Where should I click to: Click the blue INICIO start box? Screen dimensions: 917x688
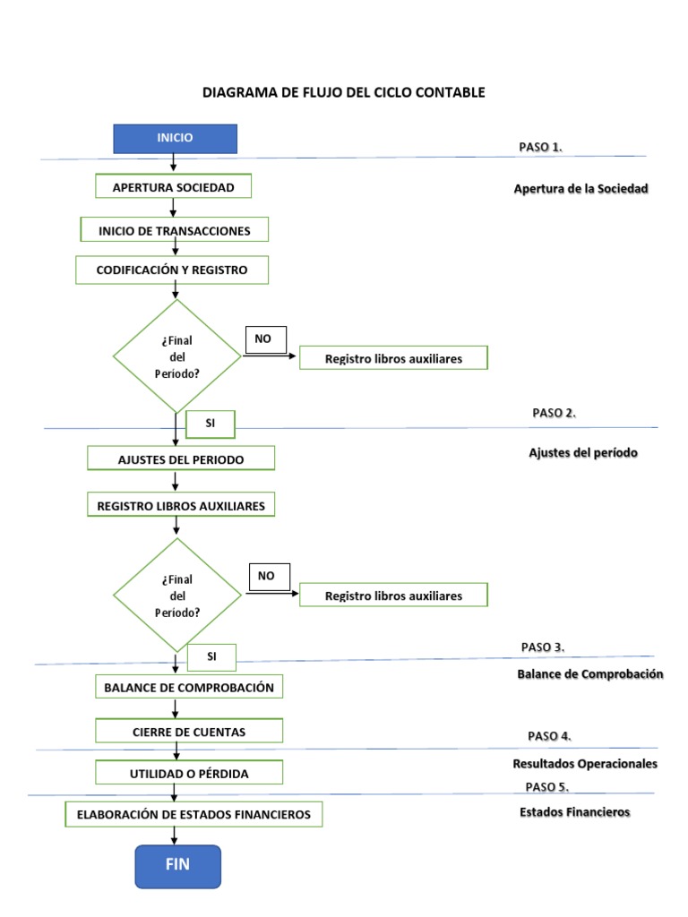(x=175, y=139)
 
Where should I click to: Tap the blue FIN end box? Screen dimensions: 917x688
(x=177, y=865)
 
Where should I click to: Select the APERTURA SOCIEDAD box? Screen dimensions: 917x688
(x=173, y=187)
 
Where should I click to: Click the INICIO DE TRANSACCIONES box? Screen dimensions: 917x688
(x=174, y=230)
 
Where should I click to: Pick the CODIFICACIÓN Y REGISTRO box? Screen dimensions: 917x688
(x=173, y=269)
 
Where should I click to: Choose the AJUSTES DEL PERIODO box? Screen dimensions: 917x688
(x=181, y=459)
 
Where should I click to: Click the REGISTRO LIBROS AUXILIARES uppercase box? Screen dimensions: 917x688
(x=181, y=506)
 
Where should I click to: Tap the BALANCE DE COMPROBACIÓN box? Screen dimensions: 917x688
(x=188, y=688)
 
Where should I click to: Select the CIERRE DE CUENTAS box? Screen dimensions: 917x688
(x=188, y=732)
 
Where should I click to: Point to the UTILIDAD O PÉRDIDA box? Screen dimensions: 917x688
(x=189, y=773)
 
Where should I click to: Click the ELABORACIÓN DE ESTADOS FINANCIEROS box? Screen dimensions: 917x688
(x=193, y=815)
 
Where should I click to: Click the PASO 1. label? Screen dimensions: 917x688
(x=540, y=147)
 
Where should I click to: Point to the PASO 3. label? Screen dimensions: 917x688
(x=542, y=647)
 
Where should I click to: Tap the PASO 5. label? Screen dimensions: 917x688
(x=547, y=786)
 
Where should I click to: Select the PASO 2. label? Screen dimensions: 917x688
(x=554, y=413)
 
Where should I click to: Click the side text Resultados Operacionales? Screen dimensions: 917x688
(x=585, y=764)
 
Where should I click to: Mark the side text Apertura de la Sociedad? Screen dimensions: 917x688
(x=580, y=189)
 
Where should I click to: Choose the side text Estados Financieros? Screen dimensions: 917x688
(x=574, y=812)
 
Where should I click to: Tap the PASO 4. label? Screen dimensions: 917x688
(x=549, y=736)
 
